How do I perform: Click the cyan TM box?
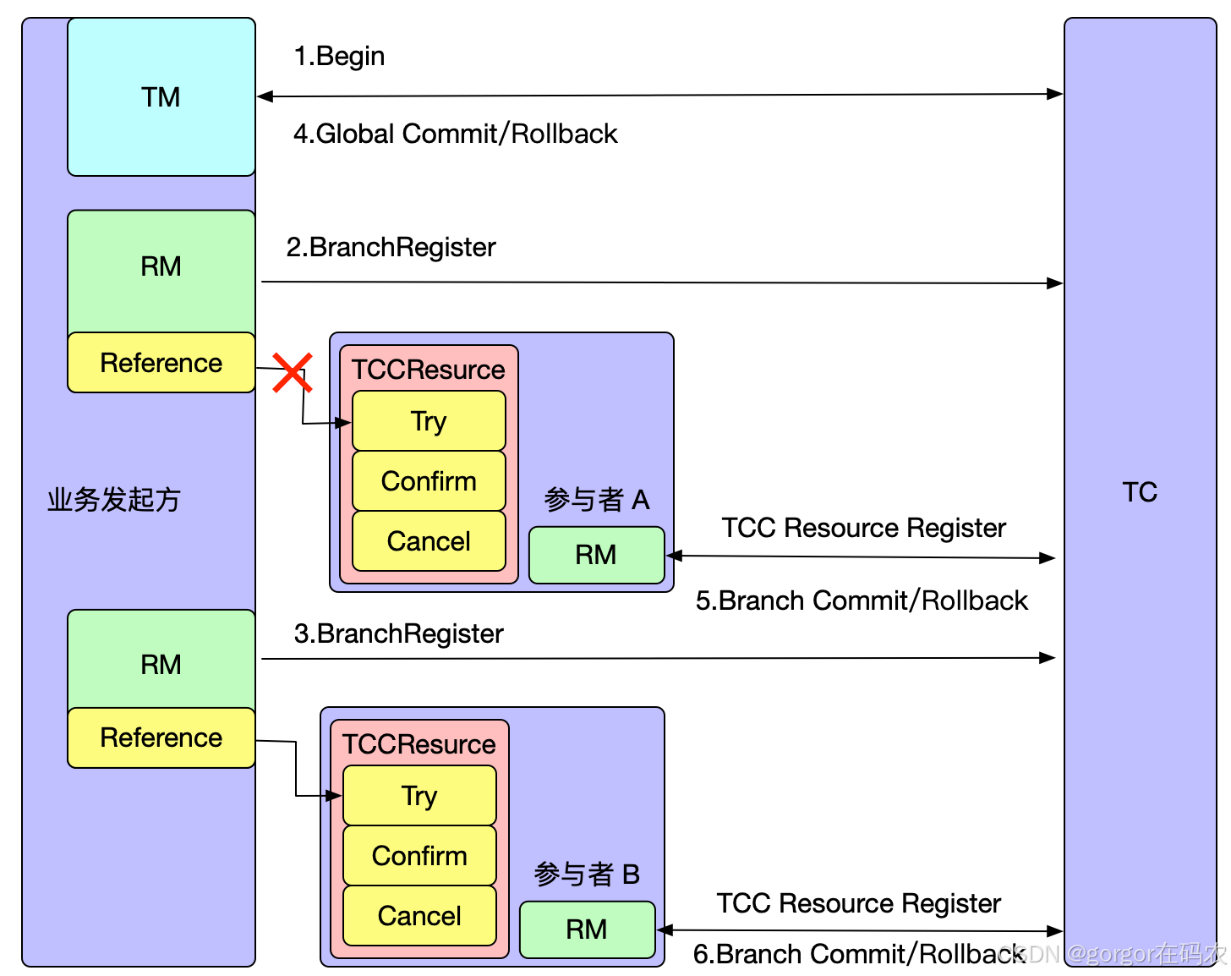click(161, 96)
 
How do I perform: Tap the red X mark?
click(293, 373)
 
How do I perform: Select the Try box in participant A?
click(429, 420)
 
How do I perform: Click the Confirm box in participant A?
click(429, 481)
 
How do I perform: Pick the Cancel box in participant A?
click(429, 541)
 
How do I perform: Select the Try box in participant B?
click(419, 795)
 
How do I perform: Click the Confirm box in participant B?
click(419, 855)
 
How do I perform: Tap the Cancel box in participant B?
click(419, 915)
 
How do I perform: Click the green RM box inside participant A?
click(596, 555)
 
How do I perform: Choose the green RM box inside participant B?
click(587, 929)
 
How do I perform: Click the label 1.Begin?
click(339, 57)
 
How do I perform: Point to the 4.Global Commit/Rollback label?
click(456, 134)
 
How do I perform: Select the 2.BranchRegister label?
click(391, 248)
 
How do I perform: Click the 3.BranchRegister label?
click(399, 634)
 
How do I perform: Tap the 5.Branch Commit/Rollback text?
click(862, 600)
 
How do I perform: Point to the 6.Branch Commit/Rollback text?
click(859, 954)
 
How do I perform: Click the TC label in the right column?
click(1140, 492)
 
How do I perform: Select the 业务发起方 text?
click(114, 499)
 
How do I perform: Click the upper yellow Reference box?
click(161, 362)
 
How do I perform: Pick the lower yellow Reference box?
click(161, 737)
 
